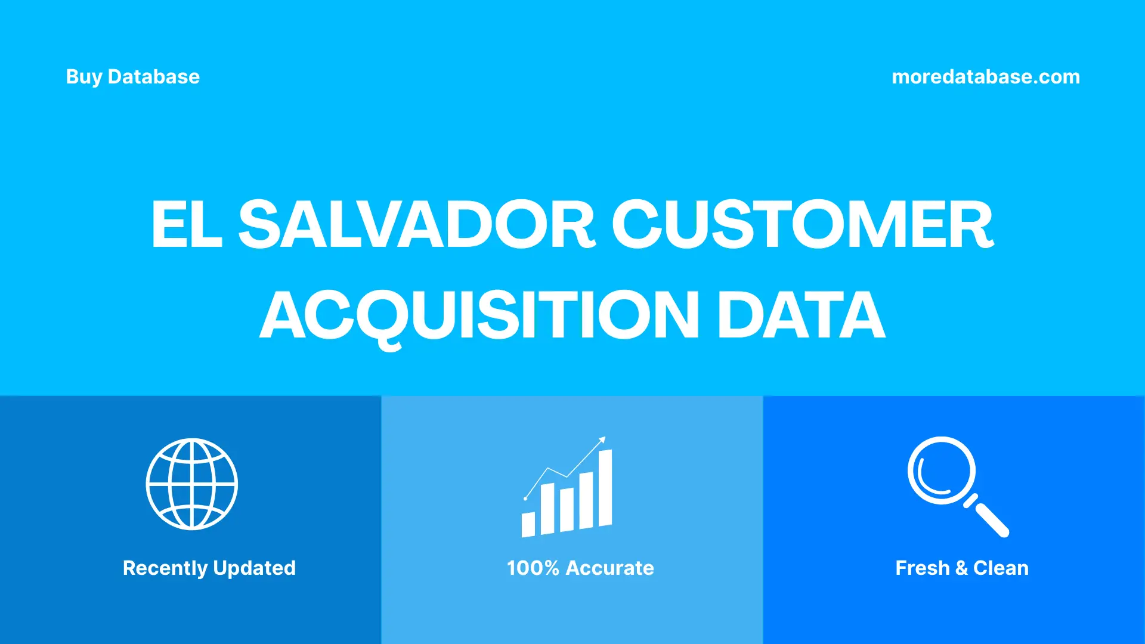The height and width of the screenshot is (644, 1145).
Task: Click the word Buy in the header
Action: click(x=83, y=77)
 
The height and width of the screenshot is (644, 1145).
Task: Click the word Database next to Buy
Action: click(x=154, y=77)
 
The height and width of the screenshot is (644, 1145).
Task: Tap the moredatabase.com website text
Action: click(x=986, y=77)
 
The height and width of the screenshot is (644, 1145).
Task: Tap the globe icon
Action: click(x=192, y=484)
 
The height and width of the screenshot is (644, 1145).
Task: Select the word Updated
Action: click(x=255, y=568)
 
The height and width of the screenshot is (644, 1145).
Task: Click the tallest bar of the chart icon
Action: click(x=605, y=488)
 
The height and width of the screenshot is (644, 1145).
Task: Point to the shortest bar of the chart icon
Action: click(x=528, y=524)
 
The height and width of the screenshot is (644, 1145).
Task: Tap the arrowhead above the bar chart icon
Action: click(x=602, y=440)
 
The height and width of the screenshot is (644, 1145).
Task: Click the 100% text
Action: click(x=533, y=568)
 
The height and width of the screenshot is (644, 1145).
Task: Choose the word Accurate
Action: click(x=609, y=568)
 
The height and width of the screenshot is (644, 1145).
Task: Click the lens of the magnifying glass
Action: click(x=942, y=470)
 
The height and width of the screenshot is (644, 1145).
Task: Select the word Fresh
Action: click(x=922, y=568)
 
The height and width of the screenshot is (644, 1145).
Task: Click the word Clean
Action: click(x=1001, y=568)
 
